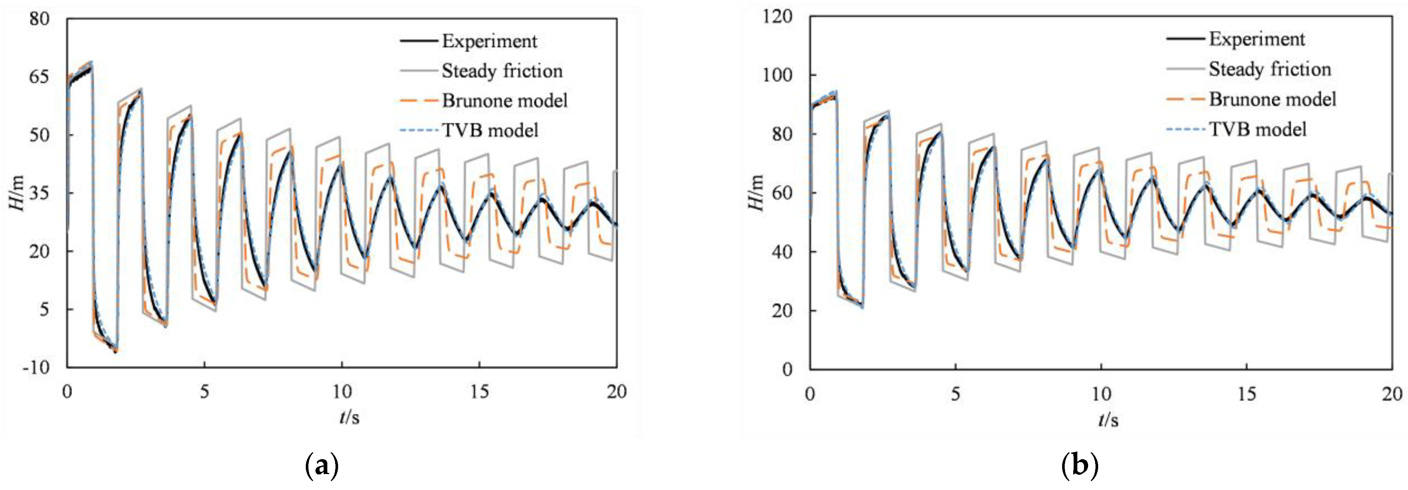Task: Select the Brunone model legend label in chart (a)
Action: [x=504, y=101]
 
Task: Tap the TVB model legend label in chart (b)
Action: [x=1257, y=130]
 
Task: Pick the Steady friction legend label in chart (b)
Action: [x=1269, y=69]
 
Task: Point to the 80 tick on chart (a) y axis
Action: [x=39, y=19]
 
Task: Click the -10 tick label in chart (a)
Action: [x=36, y=367]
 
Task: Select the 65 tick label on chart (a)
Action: [x=39, y=77]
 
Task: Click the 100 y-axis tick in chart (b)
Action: [x=777, y=75]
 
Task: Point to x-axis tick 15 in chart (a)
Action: [x=479, y=392]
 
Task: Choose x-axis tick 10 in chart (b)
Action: [x=1101, y=394]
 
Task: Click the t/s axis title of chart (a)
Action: [x=349, y=418]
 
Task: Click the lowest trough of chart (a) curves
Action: [x=115, y=351]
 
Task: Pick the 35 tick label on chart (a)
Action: [x=39, y=193]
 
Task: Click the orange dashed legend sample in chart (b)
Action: [x=1185, y=100]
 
